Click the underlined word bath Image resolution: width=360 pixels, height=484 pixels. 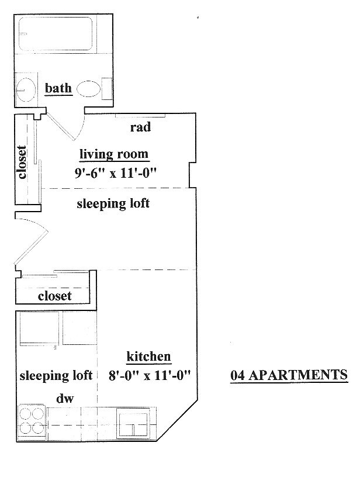tap(58, 89)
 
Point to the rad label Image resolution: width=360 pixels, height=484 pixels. tap(140, 127)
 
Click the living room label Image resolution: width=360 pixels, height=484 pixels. tap(115, 155)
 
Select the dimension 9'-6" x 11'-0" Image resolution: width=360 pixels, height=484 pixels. tap(115, 172)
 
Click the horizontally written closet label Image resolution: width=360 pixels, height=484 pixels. tap(54, 296)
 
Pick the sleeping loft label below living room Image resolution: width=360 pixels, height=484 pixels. tap(113, 204)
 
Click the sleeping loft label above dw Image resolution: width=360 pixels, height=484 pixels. tap(56, 375)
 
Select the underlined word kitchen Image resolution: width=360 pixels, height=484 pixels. tap(148, 357)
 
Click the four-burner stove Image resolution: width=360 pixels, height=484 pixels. tap(32, 421)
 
